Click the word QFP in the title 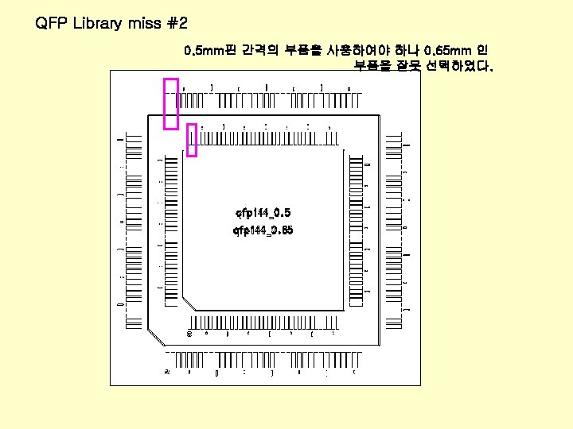click(x=52, y=23)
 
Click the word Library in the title click(x=95, y=23)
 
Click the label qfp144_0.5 click(x=263, y=213)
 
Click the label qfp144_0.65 click(x=263, y=230)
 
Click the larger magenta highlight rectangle click(x=170, y=102)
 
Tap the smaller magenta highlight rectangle click(x=191, y=140)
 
